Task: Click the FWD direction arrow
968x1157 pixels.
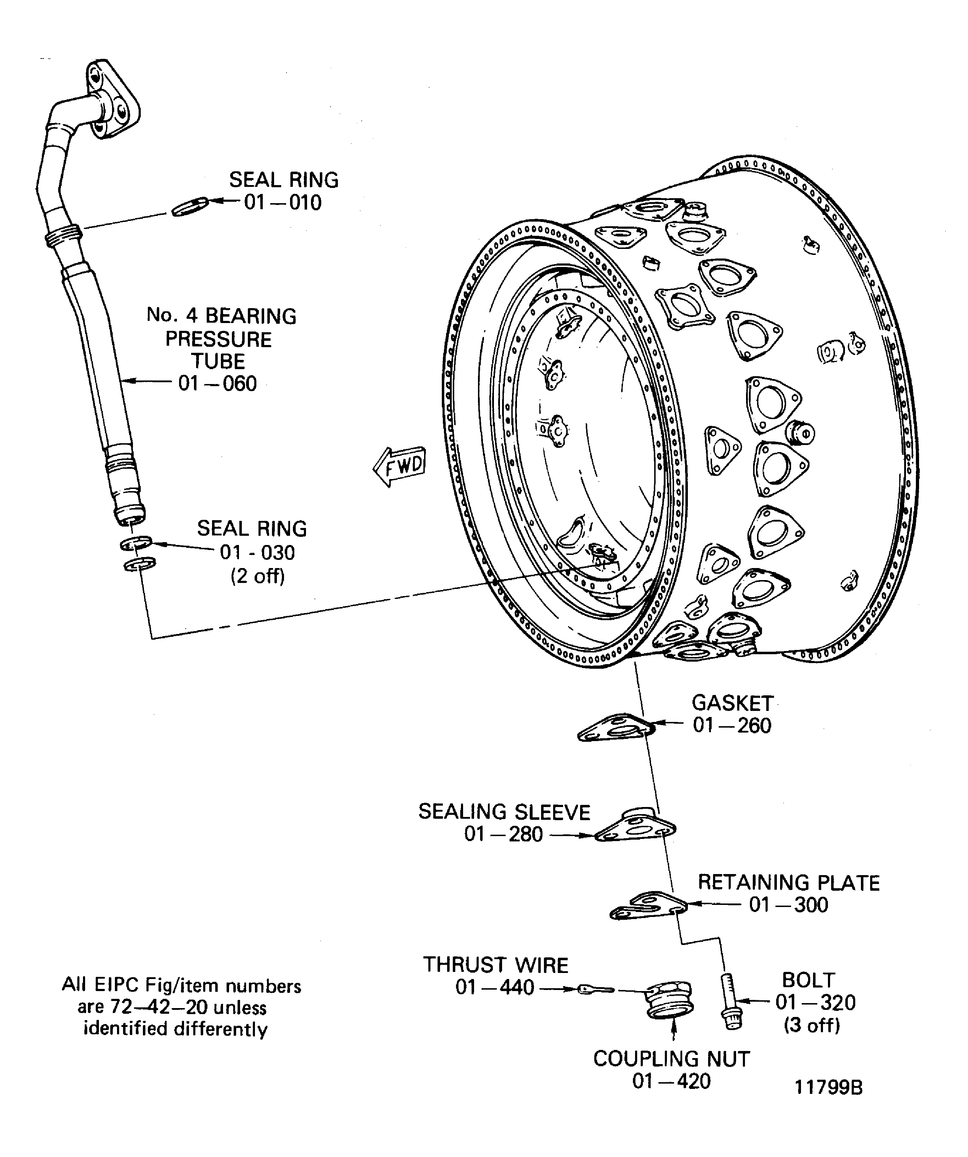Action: pyautogui.click(x=399, y=466)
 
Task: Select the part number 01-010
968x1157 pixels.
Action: pyautogui.click(x=283, y=203)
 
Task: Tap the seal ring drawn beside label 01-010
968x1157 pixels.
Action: pyautogui.click(x=190, y=207)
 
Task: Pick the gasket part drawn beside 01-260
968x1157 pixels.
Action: pyautogui.click(x=616, y=728)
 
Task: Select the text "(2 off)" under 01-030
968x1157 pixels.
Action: pyautogui.click(x=257, y=576)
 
